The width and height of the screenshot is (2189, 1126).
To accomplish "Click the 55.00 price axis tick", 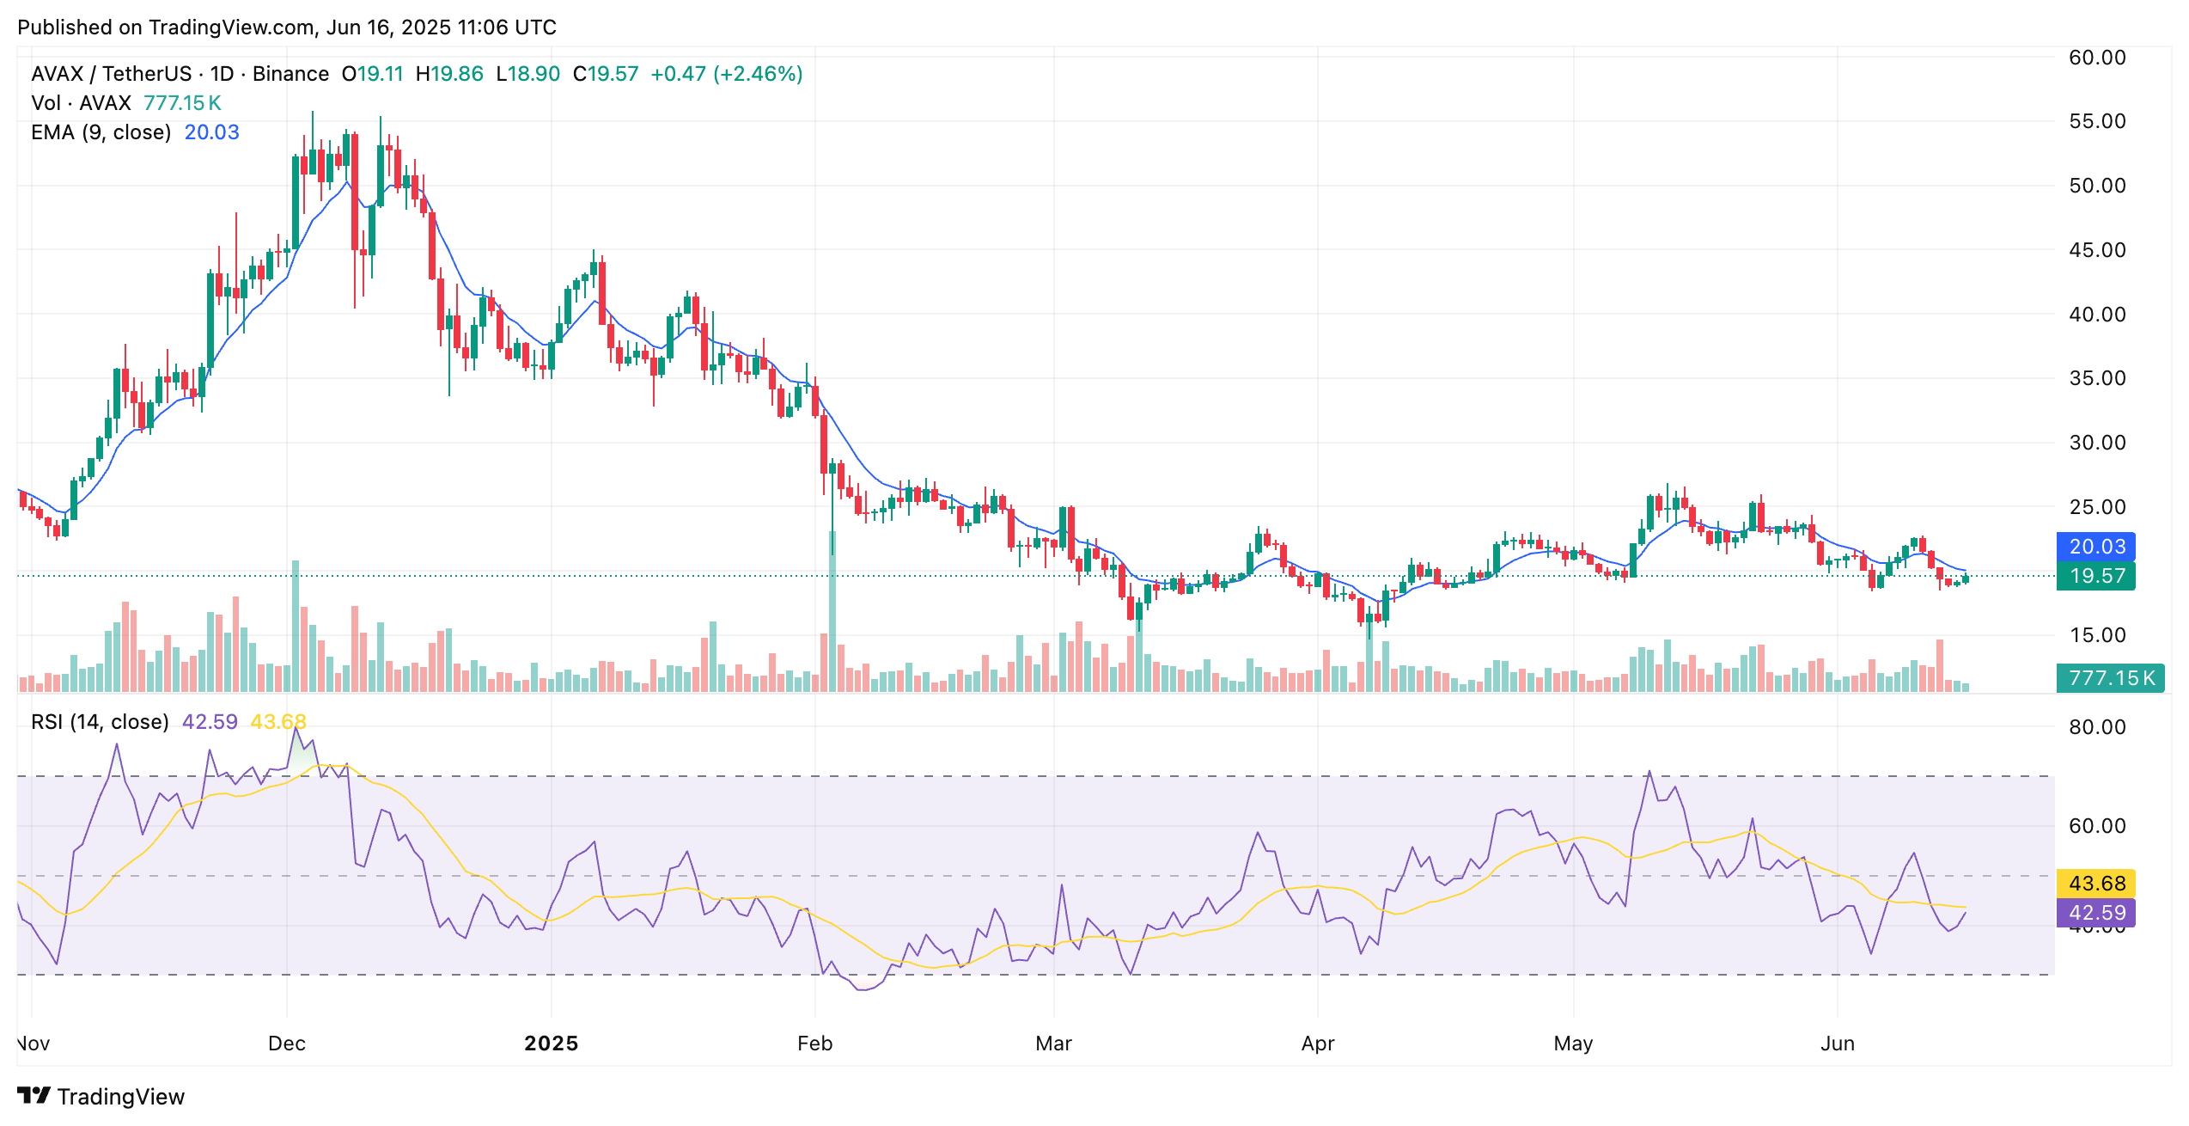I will pyautogui.click(x=2096, y=121).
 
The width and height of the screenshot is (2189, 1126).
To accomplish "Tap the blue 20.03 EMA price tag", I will pyautogui.click(x=2096, y=547).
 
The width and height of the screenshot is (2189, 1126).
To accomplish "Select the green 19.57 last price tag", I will pyautogui.click(x=2096, y=576).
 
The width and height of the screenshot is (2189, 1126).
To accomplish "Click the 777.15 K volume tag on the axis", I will pyautogui.click(x=2111, y=678).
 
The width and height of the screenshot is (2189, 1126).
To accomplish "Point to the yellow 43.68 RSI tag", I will pyautogui.click(x=2096, y=884).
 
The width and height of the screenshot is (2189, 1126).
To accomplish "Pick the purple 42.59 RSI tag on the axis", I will pyautogui.click(x=2096, y=913).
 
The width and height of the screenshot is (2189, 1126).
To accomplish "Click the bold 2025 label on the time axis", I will pyautogui.click(x=551, y=1043).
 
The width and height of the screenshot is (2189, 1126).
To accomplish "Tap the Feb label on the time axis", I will pyautogui.click(x=814, y=1043).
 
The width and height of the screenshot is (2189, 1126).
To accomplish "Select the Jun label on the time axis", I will pyautogui.click(x=1837, y=1043).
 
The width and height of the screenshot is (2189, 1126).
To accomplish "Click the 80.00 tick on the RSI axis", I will pyautogui.click(x=2096, y=727).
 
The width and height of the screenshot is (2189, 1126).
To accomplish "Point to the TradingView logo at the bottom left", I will pyautogui.click(x=101, y=1097).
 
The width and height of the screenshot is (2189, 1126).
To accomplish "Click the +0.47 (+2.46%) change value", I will pyautogui.click(x=726, y=74).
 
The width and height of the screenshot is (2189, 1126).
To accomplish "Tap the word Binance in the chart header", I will pyautogui.click(x=290, y=74).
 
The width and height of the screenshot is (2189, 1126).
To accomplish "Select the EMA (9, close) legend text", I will pyautogui.click(x=101, y=132).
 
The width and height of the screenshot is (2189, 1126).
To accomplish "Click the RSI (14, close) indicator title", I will pyautogui.click(x=100, y=722).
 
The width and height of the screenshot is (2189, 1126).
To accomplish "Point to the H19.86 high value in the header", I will pyautogui.click(x=449, y=74).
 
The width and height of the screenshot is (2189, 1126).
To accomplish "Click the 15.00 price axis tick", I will pyautogui.click(x=2096, y=635).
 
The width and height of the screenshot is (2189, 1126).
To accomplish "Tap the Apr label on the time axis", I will pyautogui.click(x=1317, y=1043).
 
